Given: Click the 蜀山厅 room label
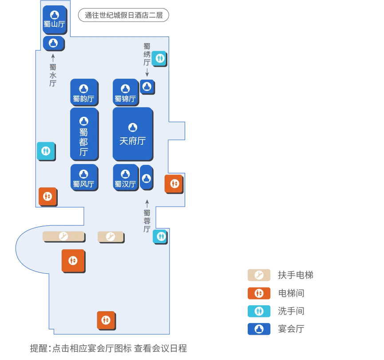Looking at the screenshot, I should tap(55, 24).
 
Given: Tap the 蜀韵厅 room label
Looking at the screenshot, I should tap(83, 99).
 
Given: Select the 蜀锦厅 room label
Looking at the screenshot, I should tap(125, 99).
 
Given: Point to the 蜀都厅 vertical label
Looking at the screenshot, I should tap(83, 142).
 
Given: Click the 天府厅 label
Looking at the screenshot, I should tap(132, 141).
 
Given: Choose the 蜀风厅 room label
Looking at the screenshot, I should tap(83, 184).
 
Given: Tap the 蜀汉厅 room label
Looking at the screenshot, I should tap(125, 184).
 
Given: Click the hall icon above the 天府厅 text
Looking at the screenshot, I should tap(132, 128).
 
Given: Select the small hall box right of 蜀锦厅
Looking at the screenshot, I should tap(147, 87).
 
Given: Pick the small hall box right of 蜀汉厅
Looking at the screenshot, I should tap(146, 178).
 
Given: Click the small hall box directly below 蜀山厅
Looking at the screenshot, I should tap(53, 43).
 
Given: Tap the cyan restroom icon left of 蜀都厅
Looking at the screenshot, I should tap(46, 151).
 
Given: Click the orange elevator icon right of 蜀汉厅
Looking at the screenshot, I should tap(174, 183).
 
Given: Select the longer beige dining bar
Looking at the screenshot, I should tap(63, 236).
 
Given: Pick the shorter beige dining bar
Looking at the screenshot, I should tap(110, 236).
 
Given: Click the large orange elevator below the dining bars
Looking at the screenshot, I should tap(73, 260).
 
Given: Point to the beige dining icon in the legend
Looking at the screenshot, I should tap(259, 275).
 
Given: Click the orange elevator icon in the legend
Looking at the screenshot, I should tap(259, 293).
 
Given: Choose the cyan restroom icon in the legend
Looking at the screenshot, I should tap(259, 311).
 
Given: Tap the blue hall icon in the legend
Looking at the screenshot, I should tap(259, 329).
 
